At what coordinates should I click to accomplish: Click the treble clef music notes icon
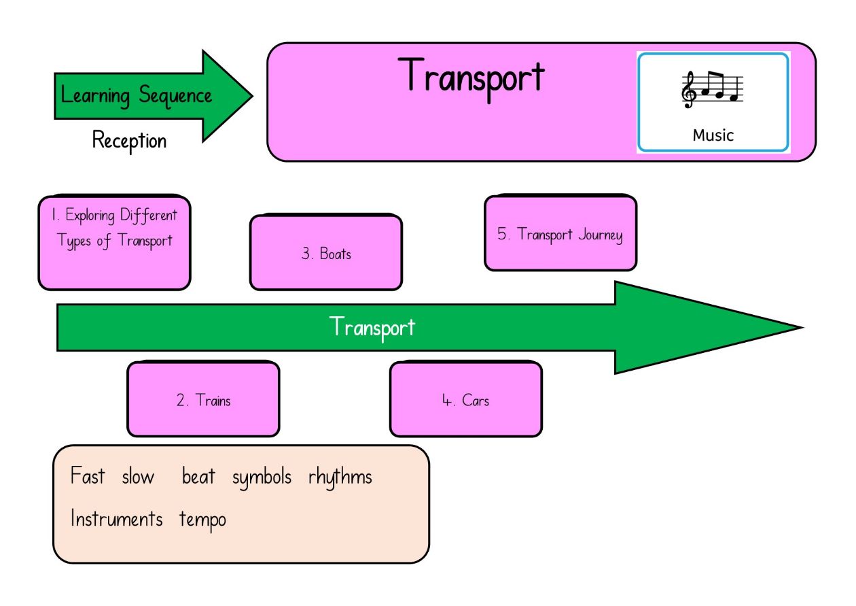point(712,90)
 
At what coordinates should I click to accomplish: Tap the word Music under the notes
point(713,135)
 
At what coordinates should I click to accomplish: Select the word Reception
point(129,140)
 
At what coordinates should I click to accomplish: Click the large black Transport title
point(471,78)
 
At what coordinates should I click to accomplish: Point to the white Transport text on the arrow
point(372,328)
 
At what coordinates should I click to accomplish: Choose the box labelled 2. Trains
point(203,399)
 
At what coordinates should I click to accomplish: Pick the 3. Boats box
point(326,252)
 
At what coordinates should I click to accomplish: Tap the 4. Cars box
point(466,399)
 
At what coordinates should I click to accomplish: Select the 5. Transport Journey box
point(560,233)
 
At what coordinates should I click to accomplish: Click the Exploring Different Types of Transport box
point(114,242)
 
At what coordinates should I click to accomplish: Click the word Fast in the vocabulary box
point(88,475)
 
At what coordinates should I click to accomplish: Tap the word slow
point(138,477)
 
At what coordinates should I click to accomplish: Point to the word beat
point(198,476)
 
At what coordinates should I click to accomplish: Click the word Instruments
point(117,519)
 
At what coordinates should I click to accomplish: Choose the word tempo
point(202,520)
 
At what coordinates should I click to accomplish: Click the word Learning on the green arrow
point(95,96)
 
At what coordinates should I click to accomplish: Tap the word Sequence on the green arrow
point(175,96)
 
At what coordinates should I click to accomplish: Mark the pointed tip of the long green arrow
point(803,328)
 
